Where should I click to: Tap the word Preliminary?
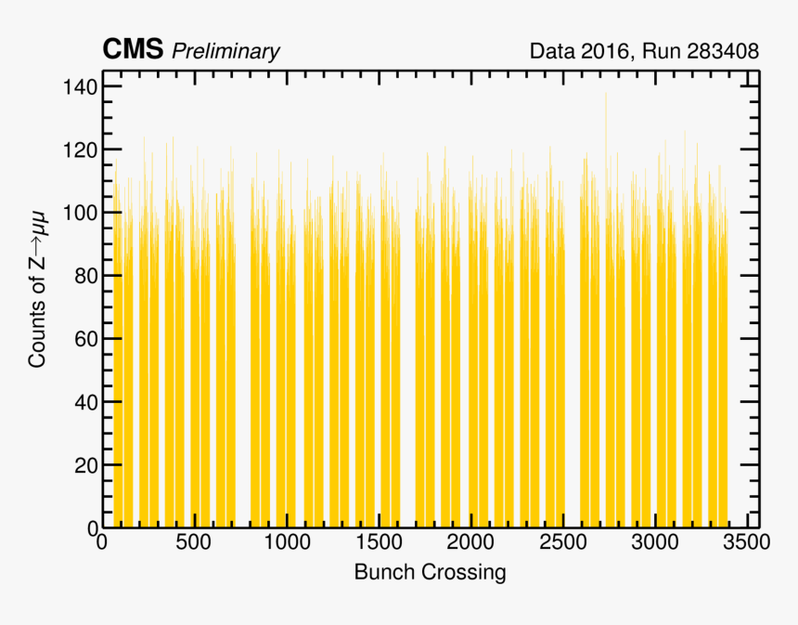coord(225,51)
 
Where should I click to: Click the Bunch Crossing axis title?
coord(430,572)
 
